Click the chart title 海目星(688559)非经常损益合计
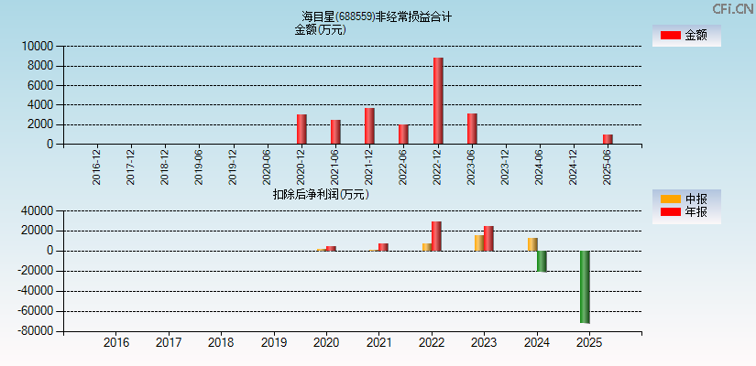click(x=377, y=16)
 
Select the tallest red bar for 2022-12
click(x=438, y=101)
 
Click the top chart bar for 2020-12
click(x=301, y=129)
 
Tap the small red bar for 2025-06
click(x=608, y=139)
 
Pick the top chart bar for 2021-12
click(x=369, y=126)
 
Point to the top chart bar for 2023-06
click(x=472, y=129)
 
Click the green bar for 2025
click(x=585, y=286)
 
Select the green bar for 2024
click(x=542, y=261)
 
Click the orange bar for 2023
click(x=478, y=243)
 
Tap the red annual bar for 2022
click(x=436, y=236)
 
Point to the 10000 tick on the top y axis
click(x=38, y=47)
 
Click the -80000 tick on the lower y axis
click(x=35, y=331)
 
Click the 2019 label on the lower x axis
click(x=273, y=343)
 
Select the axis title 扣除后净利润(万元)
click(x=321, y=194)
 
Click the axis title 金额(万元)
click(x=320, y=29)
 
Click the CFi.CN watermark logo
click(x=732, y=9)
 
